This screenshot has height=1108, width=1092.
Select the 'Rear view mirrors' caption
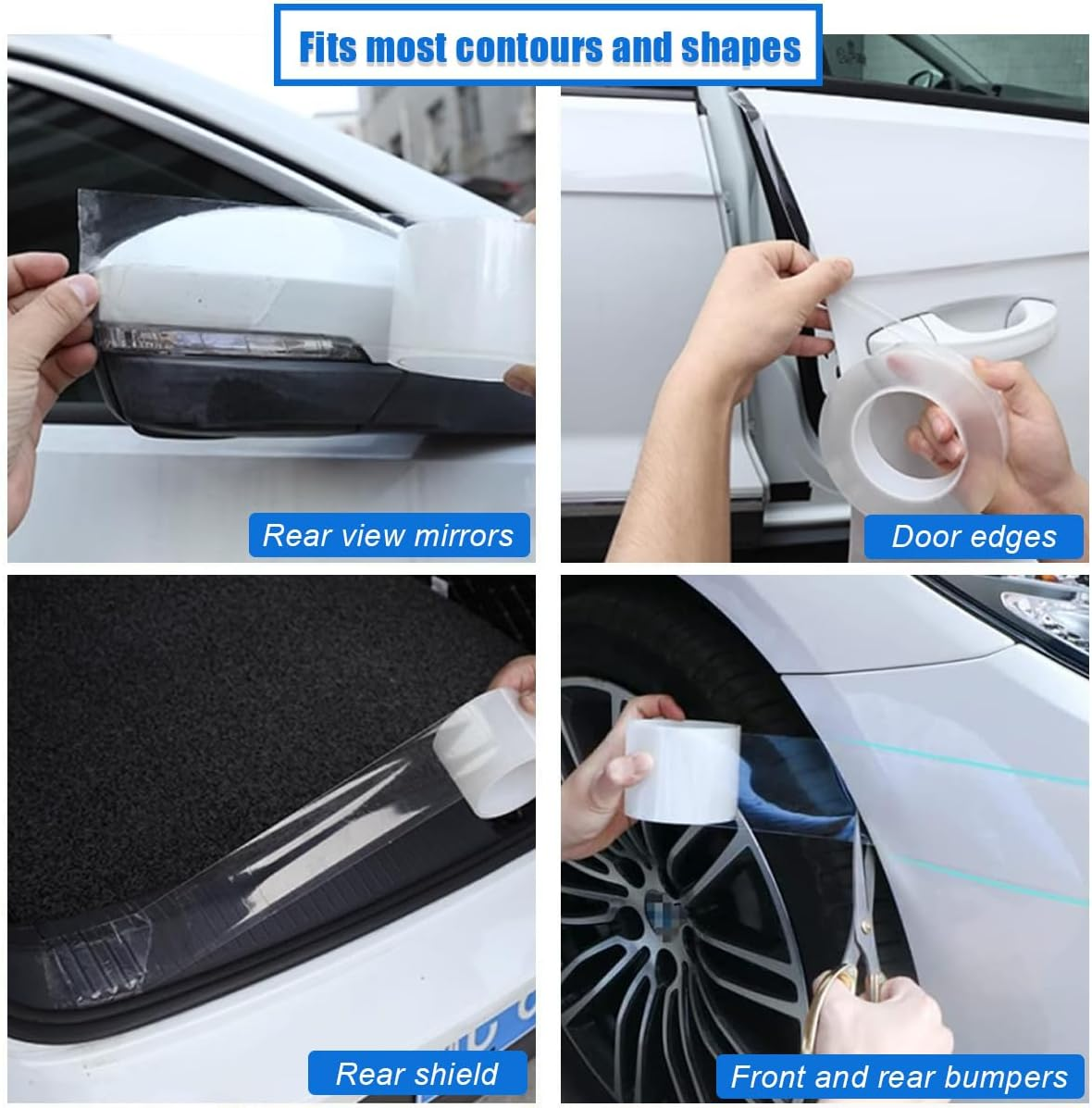click(389, 535)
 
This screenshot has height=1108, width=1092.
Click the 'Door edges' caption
click(974, 537)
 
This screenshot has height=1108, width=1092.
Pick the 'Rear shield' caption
click(416, 1074)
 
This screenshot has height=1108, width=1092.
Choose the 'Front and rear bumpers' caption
click(900, 1077)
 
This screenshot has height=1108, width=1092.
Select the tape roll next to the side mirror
click(463, 296)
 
